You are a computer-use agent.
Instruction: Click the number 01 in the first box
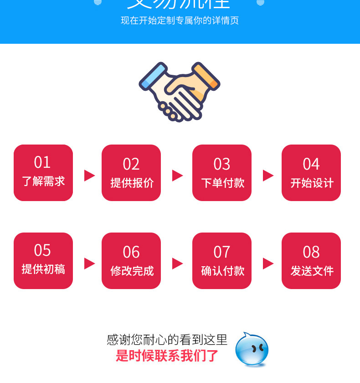tap(42, 162)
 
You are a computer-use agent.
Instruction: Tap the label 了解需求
tap(43, 181)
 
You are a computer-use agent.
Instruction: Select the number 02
tap(131, 164)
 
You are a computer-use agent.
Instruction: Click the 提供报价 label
tap(132, 183)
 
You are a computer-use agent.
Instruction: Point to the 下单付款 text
tap(222, 183)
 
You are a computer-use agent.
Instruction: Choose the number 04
tap(311, 164)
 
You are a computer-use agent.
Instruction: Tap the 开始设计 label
tap(312, 183)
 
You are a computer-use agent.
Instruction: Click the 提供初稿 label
tap(43, 269)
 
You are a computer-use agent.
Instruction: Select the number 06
tap(131, 252)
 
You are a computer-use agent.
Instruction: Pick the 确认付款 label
tap(222, 271)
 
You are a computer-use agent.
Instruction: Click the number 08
tap(311, 252)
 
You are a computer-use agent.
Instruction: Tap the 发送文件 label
tap(312, 271)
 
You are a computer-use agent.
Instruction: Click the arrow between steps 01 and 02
tap(89, 176)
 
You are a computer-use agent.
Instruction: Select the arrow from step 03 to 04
tap(268, 176)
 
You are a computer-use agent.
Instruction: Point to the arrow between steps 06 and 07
tap(177, 264)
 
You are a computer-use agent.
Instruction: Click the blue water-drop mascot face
tap(252, 349)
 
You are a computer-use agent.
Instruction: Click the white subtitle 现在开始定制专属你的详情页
tap(180, 21)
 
